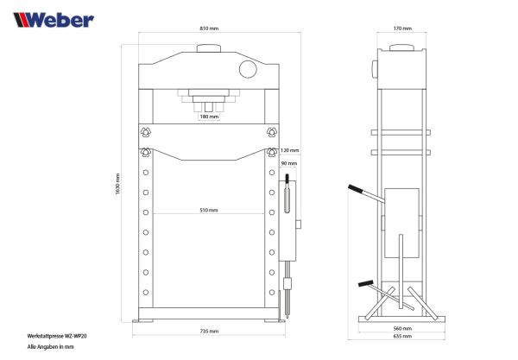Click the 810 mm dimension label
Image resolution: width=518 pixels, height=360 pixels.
point(208,28)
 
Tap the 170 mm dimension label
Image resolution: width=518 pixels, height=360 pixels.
point(401,28)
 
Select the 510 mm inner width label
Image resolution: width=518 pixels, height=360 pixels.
point(208,210)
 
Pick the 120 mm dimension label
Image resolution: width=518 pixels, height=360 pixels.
point(289,148)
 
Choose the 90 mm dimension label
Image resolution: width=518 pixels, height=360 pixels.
point(289,162)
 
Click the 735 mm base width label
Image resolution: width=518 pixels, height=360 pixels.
point(208,331)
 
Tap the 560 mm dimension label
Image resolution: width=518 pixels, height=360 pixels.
point(402,329)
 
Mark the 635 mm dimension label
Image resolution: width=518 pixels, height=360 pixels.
point(402,338)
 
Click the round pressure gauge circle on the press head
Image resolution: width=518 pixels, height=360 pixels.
point(247,67)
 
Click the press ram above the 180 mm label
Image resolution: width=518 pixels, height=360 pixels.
point(208,98)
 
